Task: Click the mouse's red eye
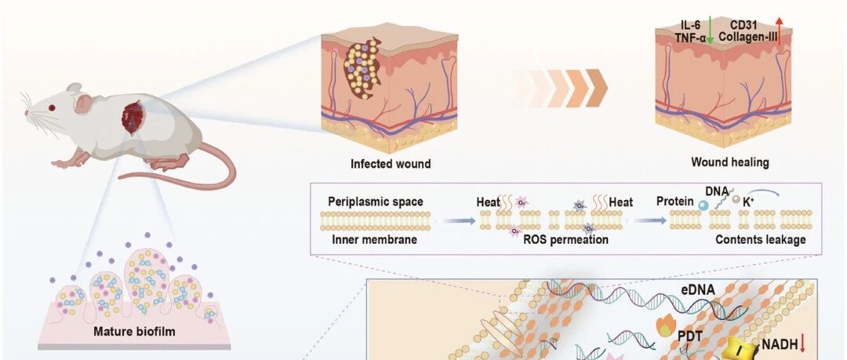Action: [52, 107]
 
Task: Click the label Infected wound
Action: [391, 163]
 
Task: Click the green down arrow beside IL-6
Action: [710, 30]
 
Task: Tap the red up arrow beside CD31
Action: [779, 30]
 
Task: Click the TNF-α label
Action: [690, 36]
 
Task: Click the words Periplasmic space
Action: [376, 202]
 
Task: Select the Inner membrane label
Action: [374, 238]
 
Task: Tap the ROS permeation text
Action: [565, 238]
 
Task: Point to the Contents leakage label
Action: [760, 238]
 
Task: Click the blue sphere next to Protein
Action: [703, 205]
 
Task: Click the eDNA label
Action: [697, 289]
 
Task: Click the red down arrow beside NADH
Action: [802, 344]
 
